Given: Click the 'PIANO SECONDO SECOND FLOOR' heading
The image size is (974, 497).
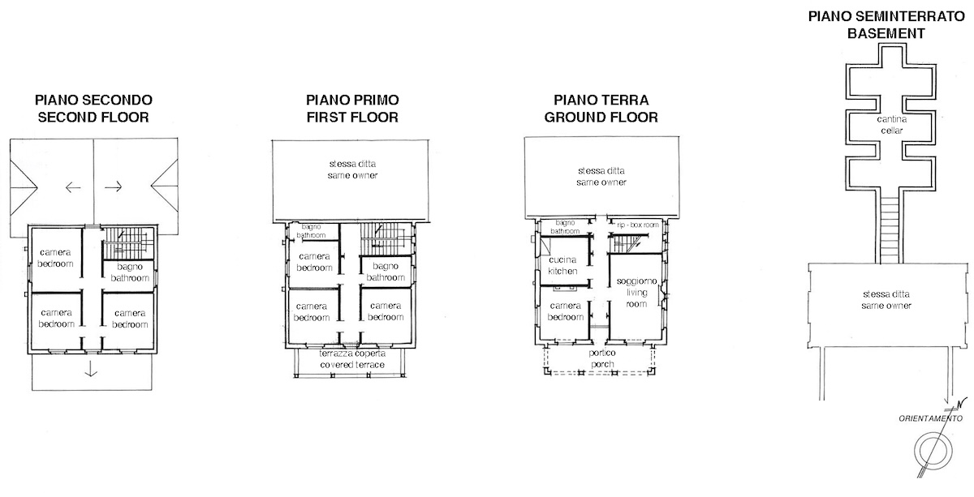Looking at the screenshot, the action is (93, 109).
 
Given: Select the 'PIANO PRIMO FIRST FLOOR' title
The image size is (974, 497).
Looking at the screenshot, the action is (352, 109).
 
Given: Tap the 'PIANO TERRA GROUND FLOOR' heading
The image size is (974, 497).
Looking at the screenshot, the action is (601, 109).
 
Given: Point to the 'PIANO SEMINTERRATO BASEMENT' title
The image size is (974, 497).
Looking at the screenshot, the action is (886, 25).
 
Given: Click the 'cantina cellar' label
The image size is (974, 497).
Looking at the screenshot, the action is (891, 125).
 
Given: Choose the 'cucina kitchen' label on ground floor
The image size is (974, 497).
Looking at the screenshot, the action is (562, 265).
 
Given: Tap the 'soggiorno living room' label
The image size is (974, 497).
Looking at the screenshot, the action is (636, 293).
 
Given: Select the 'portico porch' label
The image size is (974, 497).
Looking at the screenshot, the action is (602, 358).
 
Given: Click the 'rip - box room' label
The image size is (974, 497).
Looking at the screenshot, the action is (638, 225).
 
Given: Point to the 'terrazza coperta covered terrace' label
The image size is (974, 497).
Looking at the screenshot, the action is (352, 359).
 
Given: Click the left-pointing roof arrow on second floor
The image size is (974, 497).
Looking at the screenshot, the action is (73, 187).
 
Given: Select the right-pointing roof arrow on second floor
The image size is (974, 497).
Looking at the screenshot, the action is (114, 186).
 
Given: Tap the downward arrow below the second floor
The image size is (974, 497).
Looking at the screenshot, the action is (90, 368).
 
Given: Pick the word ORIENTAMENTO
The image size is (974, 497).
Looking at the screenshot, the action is (930, 418).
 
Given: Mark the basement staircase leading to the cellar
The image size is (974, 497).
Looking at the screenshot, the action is (890, 230).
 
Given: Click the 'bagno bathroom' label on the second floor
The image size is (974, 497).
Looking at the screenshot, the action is (130, 272).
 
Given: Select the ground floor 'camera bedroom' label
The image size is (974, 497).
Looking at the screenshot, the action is (565, 311).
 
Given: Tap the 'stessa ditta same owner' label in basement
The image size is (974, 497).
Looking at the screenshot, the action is (886, 300).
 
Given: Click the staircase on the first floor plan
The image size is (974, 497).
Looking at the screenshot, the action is (385, 239).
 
